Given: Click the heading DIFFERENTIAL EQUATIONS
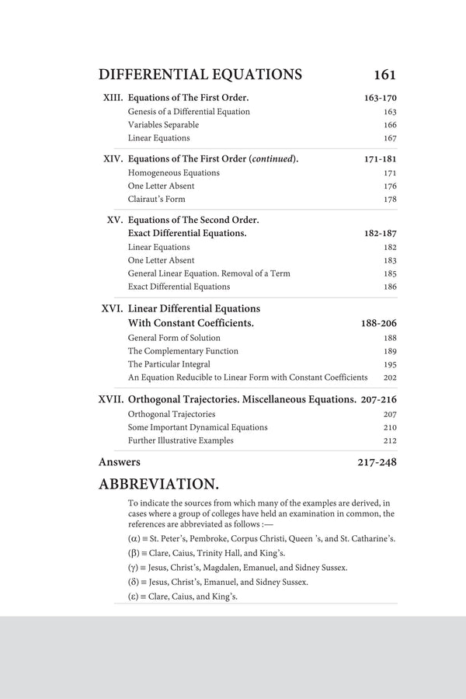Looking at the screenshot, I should tap(200, 75).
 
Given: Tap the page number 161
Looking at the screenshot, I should tap(384, 75).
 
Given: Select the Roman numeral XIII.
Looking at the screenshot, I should tap(113, 99).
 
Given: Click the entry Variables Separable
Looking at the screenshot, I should tap(163, 125).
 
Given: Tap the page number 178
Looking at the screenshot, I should tap(390, 200).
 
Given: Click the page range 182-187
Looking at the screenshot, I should tap(380, 233).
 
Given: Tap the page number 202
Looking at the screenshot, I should tap(390, 377).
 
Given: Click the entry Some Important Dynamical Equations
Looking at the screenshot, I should tap(197, 427).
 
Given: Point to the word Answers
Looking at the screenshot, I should tap(120, 462).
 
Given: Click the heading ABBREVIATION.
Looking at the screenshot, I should tap(158, 485).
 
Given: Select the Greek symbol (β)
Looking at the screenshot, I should tap(134, 553).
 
